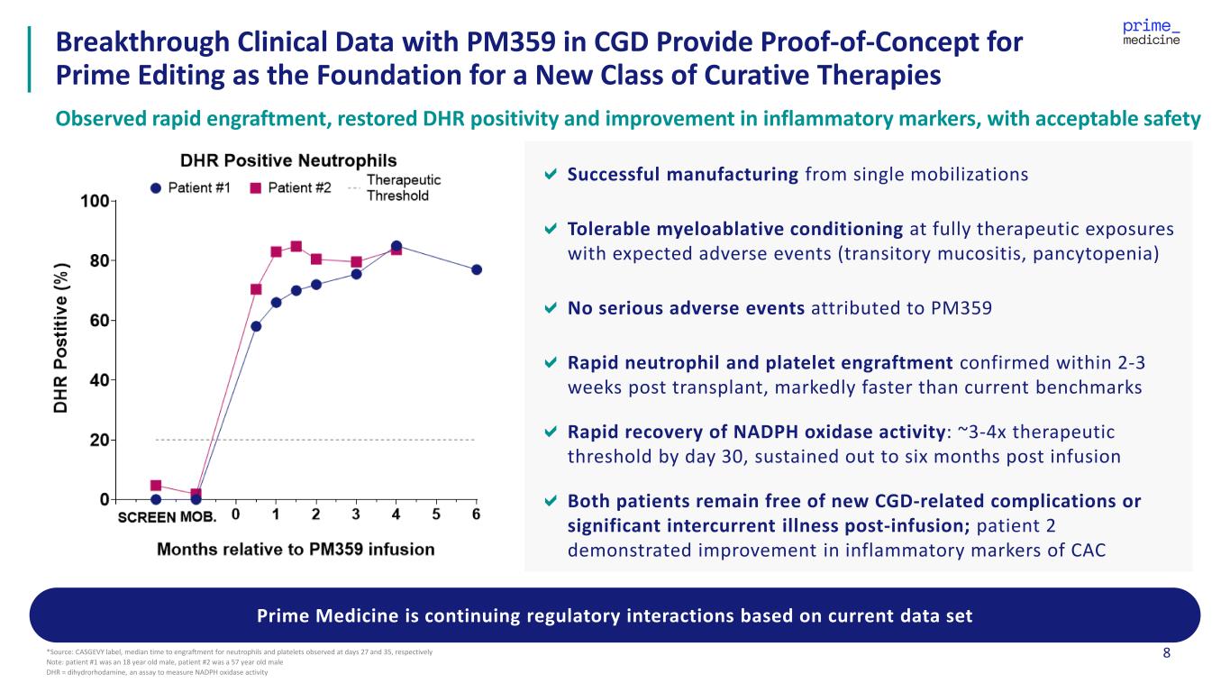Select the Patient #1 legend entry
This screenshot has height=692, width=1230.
coord(192,187)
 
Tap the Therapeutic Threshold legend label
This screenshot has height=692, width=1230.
coord(397,187)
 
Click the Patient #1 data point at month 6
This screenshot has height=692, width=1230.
coord(477,269)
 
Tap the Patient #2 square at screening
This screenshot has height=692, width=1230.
coord(156,486)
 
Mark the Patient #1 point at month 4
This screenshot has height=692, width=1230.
coord(396,245)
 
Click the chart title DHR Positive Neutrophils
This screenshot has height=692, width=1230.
coord(288,161)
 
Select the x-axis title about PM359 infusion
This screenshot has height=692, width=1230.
coord(296,549)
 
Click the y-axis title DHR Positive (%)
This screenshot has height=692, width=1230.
coord(62,345)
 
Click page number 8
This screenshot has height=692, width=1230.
coord(1167,653)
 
